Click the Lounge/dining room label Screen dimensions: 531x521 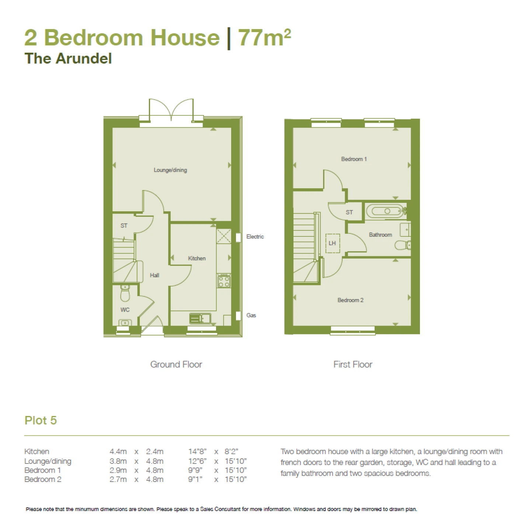coord(170,170)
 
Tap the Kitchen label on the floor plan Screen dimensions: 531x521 coord(197,258)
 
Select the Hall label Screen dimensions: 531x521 coord(154,275)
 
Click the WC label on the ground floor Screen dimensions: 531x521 coord(125,310)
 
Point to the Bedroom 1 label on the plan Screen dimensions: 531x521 coord(354,159)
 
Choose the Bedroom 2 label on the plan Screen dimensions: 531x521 coord(350,300)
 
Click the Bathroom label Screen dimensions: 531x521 coord(381,235)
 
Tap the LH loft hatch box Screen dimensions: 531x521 coord(332,243)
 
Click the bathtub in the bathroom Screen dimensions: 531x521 coord(386,211)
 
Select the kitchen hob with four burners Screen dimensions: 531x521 coord(223,281)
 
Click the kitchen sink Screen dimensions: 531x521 coord(200,318)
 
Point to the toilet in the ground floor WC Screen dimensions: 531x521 coord(125,294)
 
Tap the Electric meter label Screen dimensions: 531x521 coord(255,236)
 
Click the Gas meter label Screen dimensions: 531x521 coord(251,315)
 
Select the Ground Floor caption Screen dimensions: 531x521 coord(176,364)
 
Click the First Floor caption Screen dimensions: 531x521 coord(353,364)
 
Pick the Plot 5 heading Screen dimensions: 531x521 coord(41,420)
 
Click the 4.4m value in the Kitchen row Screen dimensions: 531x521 coord(118,451)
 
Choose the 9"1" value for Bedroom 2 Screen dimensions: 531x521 coord(195,479)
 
